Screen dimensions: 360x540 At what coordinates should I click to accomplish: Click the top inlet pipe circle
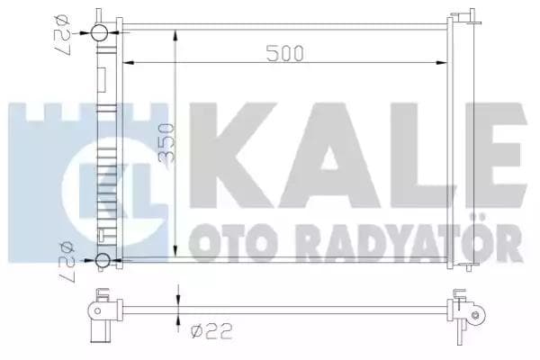pos(101,34)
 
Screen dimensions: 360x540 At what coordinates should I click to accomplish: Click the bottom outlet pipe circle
pos(103,262)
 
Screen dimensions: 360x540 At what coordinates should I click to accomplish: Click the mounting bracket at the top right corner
pos(464,20)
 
